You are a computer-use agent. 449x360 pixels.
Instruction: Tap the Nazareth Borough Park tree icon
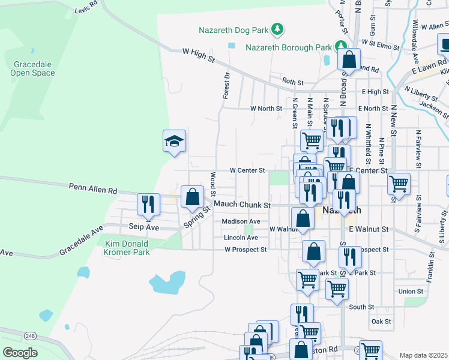pos(341,46)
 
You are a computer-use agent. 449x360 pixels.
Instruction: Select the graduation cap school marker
pos(174,142)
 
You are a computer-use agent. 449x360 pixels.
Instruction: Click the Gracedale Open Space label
pos(32,68)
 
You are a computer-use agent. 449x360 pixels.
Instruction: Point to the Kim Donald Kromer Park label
pos(119,248)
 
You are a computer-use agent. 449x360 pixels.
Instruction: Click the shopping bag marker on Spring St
pos(192,197)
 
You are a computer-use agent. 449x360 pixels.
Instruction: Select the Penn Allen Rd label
pos(93,190)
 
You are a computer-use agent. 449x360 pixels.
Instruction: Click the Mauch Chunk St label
pos(239,205)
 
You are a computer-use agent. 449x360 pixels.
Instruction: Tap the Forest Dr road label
pos(226,86)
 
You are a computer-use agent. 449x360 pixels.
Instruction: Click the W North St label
pos(266,109)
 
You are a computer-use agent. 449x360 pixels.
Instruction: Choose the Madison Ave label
pos(241,221)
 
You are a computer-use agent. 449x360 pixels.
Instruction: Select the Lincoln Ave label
pos(241,238)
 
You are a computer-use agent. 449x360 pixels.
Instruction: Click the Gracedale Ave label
pos(81,241)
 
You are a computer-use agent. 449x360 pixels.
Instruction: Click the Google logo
pos(20,353)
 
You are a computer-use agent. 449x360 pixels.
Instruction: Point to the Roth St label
pos(293,82)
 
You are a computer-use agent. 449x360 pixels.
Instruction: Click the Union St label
pos(411,292)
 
